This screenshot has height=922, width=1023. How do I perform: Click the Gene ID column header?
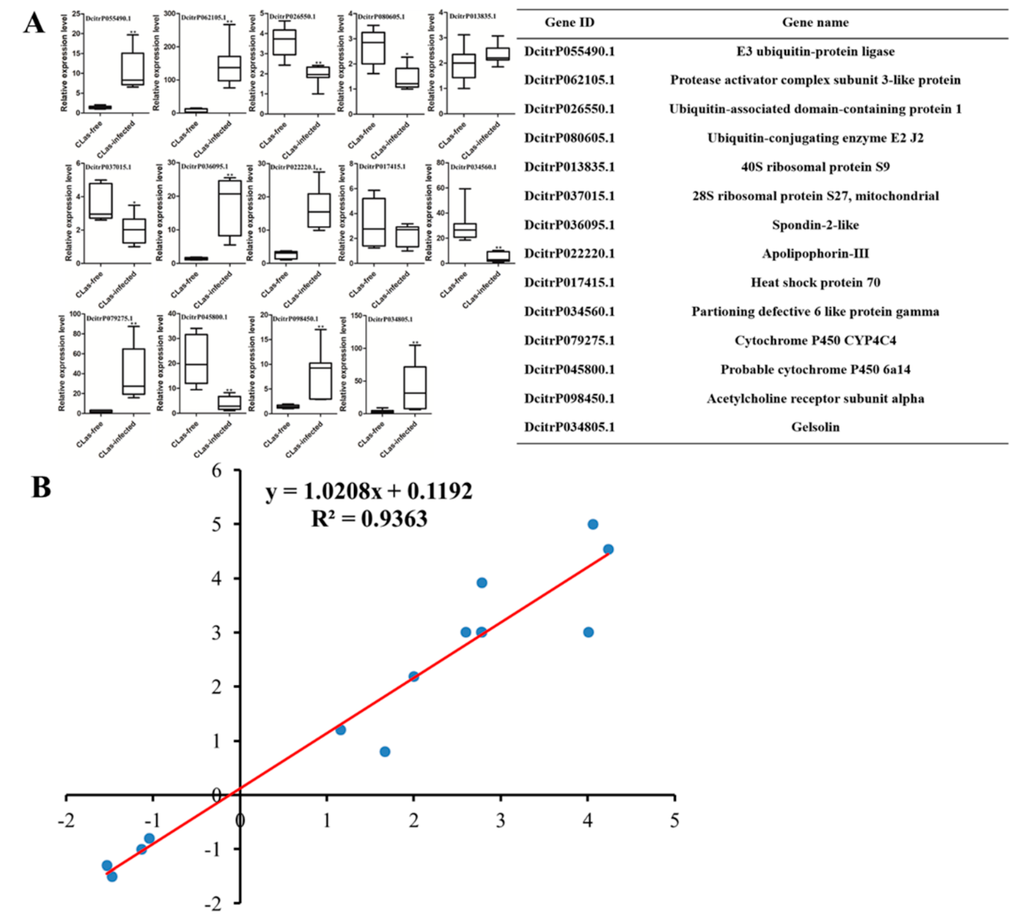(569, 22)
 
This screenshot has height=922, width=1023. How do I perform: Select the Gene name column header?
(815, 22)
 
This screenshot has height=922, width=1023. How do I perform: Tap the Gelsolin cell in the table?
(815, 427)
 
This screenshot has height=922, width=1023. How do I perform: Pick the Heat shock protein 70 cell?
(815, 282)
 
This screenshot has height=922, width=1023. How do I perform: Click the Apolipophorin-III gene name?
(815, 253)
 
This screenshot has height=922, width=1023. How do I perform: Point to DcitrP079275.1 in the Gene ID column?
(569, 340)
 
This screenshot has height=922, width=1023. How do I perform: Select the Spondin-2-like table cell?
(815, 224)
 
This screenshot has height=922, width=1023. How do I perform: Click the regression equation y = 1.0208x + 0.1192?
(369, 490)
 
